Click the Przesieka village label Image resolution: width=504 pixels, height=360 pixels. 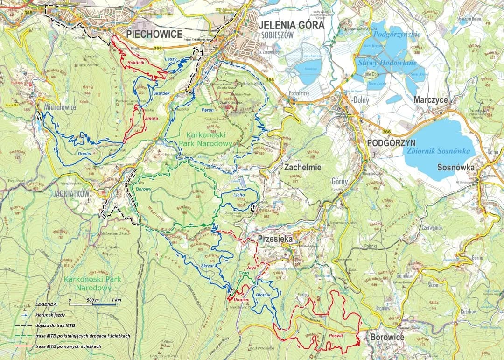click(275, 239)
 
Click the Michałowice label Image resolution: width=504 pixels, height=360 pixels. click(60, 107)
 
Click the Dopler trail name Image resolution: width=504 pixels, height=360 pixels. click(84, 153)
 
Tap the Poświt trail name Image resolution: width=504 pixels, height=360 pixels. click(336, 336)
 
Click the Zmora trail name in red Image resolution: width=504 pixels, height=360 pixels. click(151, 119)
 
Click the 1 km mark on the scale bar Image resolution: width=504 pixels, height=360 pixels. click(116, 300)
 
